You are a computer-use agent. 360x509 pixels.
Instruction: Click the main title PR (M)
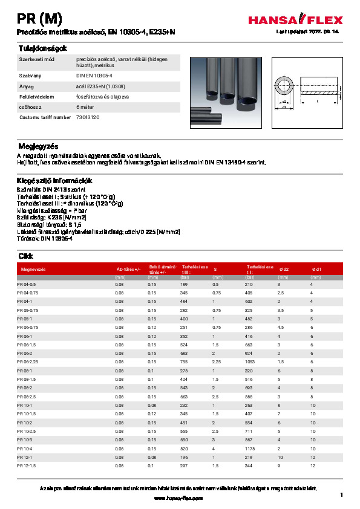click(x=39, y=18)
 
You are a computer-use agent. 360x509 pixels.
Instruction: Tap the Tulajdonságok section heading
click(x=41, y=48)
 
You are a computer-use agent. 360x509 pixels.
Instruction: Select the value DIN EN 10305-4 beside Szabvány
click(x=94, y=75)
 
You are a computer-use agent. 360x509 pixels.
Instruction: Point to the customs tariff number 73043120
click(x=89, y=117)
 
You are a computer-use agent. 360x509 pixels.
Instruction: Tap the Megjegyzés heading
click(x=38, y=146)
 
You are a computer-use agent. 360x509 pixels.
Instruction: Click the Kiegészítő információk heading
click(x=54, y=180)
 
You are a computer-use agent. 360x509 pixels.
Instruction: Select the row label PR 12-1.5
click(x=27, y=466)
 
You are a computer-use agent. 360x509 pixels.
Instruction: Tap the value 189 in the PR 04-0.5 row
click(x=184, y=284)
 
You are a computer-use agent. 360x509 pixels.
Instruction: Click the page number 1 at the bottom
click(x=341, y=495)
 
